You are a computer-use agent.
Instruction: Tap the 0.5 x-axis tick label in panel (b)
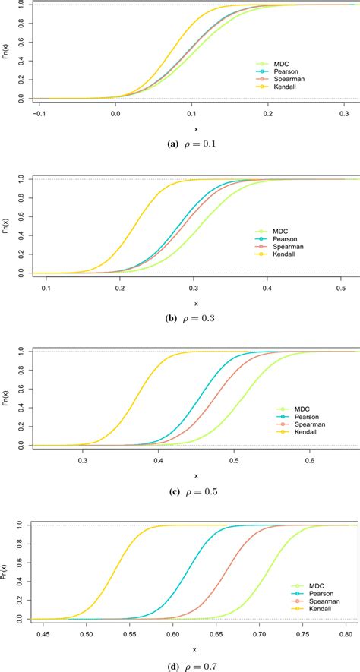point(341,288)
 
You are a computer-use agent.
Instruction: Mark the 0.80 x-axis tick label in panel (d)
point(345,635)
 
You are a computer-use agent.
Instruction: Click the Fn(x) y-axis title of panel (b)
point(8,226)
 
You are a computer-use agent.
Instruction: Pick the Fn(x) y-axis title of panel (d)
point(8,573)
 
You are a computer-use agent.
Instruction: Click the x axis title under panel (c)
point(196,475)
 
